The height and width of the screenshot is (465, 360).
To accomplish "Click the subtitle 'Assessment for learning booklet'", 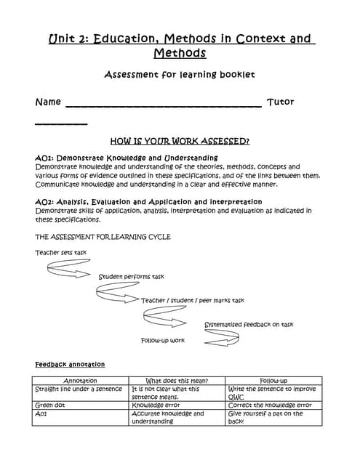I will (x=180, y=74).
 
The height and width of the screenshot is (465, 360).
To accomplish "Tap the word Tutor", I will (x=281, y=102).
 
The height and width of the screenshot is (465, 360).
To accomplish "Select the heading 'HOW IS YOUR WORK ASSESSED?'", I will (x=180, y=141).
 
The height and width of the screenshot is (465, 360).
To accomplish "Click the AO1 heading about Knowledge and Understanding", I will (x=127, y=158).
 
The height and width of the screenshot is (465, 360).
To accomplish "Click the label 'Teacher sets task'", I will (x=61, y=252).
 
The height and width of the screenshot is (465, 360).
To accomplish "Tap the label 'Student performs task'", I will (x=132, y=277).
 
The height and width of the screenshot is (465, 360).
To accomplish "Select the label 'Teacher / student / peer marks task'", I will (x=193, y=300).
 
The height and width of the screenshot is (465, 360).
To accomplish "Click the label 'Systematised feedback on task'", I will (x=249, y=324).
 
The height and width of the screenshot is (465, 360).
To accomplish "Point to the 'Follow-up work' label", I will (x=163, y=340).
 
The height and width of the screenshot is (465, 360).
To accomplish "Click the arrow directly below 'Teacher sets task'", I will (x=68, y=270).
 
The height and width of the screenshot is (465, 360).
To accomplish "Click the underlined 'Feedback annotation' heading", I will (x=70, y=364).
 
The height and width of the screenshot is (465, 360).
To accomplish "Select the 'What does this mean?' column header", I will (x=177, y=381).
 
